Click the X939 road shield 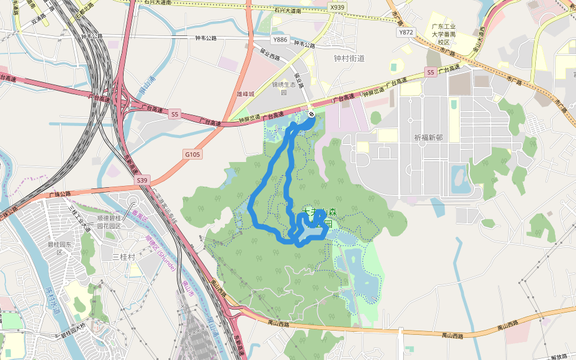point(338,7)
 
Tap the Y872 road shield point(406,32)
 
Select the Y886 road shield point(280,40)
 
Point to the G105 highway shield point(193,154)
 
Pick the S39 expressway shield point(142,180)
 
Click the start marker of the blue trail point(311,114)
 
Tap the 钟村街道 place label point(349,58)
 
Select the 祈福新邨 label point(428,137)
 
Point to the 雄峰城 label point(246,94)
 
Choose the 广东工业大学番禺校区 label point(443,34)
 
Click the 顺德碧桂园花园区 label point(110,222)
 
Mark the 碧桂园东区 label point(59,248)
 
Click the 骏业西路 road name point(268,56)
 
